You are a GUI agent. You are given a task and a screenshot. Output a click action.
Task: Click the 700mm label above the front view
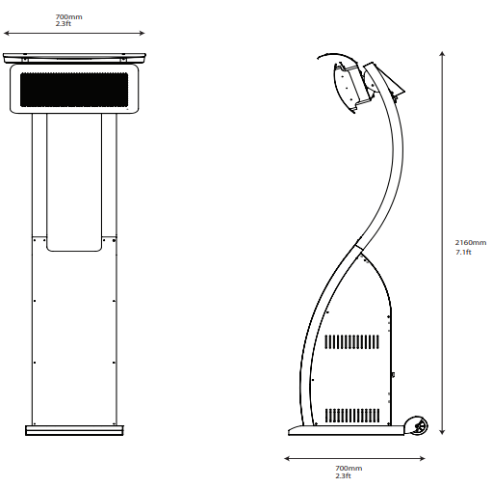tap(67, 17)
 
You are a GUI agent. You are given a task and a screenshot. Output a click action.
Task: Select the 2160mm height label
tap(471, 243)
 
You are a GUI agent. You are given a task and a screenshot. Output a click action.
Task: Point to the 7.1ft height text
tap(463, 252)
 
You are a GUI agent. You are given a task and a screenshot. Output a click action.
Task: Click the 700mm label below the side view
tap(349, 468)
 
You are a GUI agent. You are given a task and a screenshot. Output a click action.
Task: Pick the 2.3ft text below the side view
tap(343, 474)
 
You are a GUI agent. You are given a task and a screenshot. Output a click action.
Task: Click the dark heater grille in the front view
tap(74, 90)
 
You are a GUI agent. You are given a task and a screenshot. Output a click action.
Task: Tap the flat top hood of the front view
tap(74, 59)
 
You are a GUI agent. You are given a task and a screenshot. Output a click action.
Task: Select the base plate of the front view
tap(74, 430)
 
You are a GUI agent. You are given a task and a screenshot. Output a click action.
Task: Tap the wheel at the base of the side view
tap(418, 425)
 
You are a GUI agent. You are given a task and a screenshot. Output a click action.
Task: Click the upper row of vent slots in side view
tap(353, 342)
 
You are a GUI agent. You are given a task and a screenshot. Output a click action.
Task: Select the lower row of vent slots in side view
tap(353, 416)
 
